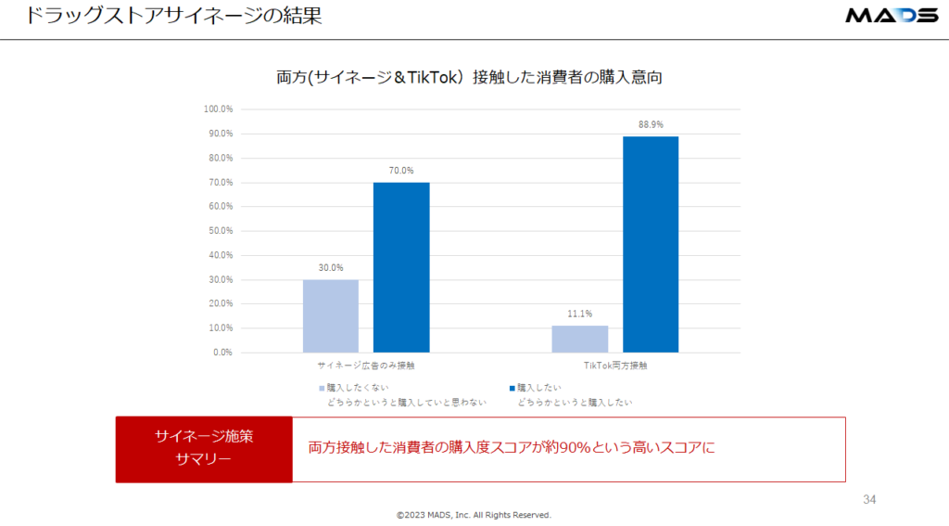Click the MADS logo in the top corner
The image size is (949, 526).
coord(891,16)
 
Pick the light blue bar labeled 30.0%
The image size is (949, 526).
coord(330,315)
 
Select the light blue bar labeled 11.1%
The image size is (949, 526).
coord(579,339)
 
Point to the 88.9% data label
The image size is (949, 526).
coord(651,124)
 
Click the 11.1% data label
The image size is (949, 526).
coord(579,314)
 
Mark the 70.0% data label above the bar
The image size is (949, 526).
coord(401,171)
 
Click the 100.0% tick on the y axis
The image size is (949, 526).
coord(219,109)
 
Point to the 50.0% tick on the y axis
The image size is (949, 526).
coord(221,231)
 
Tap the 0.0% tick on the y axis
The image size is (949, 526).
coord(222,353)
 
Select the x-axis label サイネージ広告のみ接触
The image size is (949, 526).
coord(366,366)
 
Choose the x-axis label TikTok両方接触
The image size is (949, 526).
coord(615,366)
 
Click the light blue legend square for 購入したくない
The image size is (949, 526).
coord(322,388)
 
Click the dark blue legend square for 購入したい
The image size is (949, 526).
coord(512,388)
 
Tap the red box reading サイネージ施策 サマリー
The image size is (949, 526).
coord(204,450)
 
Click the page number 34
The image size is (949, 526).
coord(868,500)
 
